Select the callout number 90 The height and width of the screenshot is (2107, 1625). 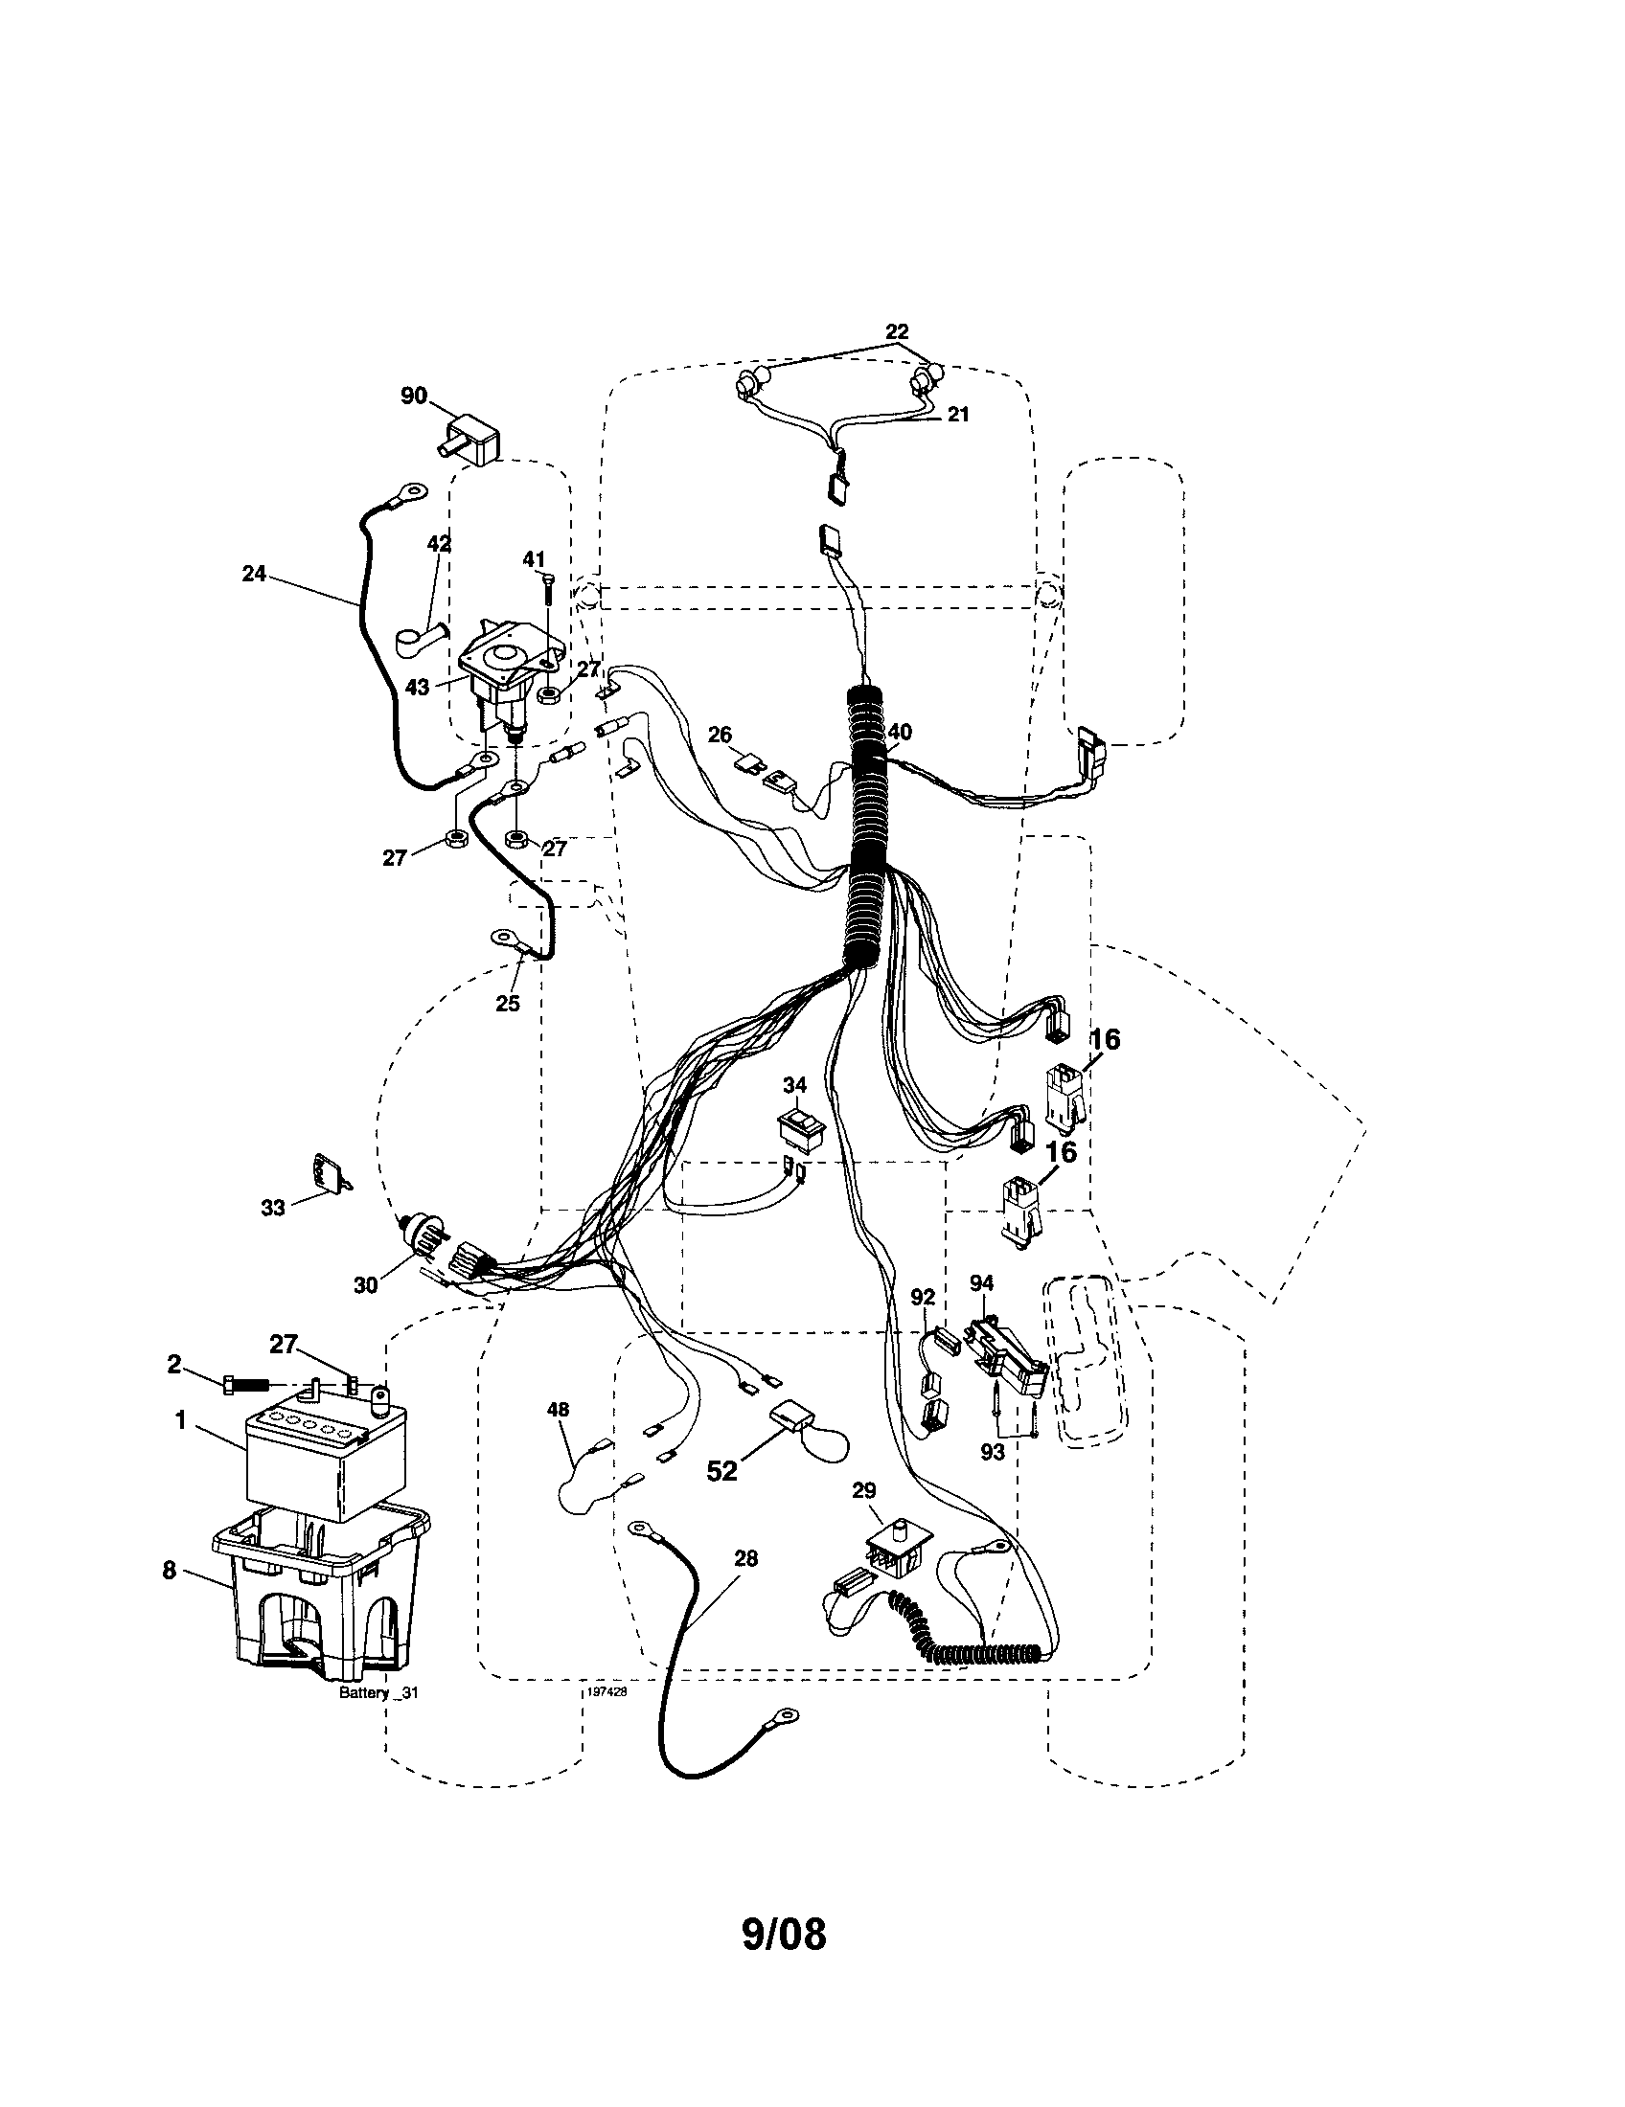(x=414, y=396)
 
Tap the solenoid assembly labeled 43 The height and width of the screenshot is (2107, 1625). (x=497, y=680)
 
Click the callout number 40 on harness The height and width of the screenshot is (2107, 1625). (x=900, y=733)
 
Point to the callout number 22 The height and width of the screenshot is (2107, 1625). (x=898, y=332)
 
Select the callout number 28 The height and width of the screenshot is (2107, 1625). (x=746, y=1557)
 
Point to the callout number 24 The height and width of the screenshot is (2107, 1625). (x=254, y=574)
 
